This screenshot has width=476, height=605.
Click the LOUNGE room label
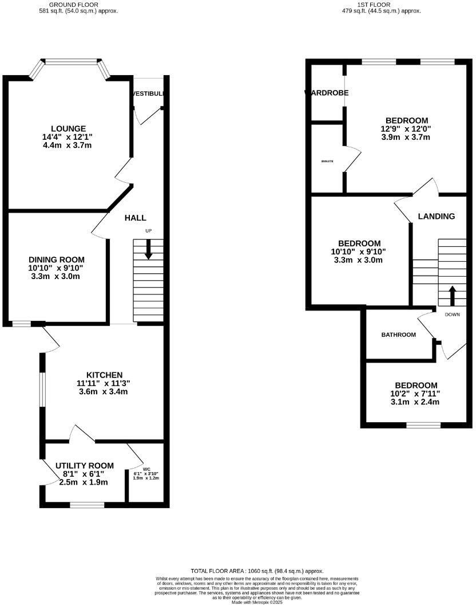click(68, 128)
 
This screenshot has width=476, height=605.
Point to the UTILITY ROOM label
click(84, 465)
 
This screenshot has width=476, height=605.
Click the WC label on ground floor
click(146, 469)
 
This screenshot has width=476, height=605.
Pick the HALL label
click(135, 218)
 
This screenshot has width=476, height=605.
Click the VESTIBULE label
click(148, 93)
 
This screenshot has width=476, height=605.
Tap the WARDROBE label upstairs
click(326, 92)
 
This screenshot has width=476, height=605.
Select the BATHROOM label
click(398, 335)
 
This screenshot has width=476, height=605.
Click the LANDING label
click(437, 216)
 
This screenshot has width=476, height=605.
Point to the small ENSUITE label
click(327, 162)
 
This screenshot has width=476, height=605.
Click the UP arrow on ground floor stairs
click(148, 250)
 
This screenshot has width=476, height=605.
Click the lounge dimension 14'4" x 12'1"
click(68, 137)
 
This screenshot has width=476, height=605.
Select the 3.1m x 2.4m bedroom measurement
click(415, 402)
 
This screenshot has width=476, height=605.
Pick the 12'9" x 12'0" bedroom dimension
click(407, 129)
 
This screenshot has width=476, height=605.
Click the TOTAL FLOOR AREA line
click(257, 571)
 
